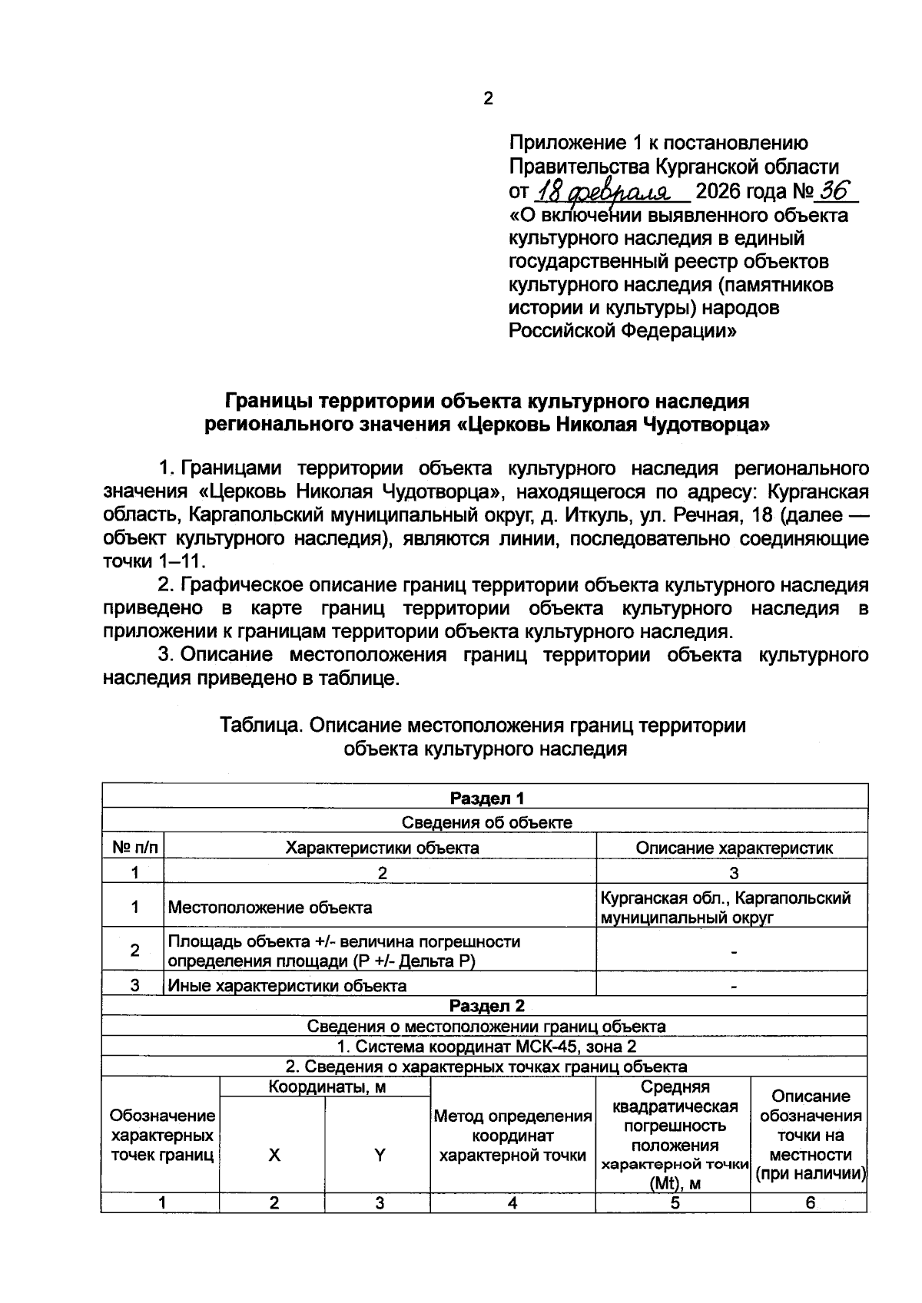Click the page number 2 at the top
(488, 98)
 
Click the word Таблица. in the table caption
(262, 725)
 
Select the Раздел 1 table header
(486, 798)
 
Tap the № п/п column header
(134, 848)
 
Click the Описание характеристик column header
(734, 848)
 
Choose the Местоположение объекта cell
(270, 907)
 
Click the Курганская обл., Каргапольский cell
(725, 898)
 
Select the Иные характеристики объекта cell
(287, 985)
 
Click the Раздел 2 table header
(486, 1006)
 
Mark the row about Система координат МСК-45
(486, 1046)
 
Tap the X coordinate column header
(274, 1155)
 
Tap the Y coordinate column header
(379, 1155)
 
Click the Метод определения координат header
(512, 1136)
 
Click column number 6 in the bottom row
(810, 1203)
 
